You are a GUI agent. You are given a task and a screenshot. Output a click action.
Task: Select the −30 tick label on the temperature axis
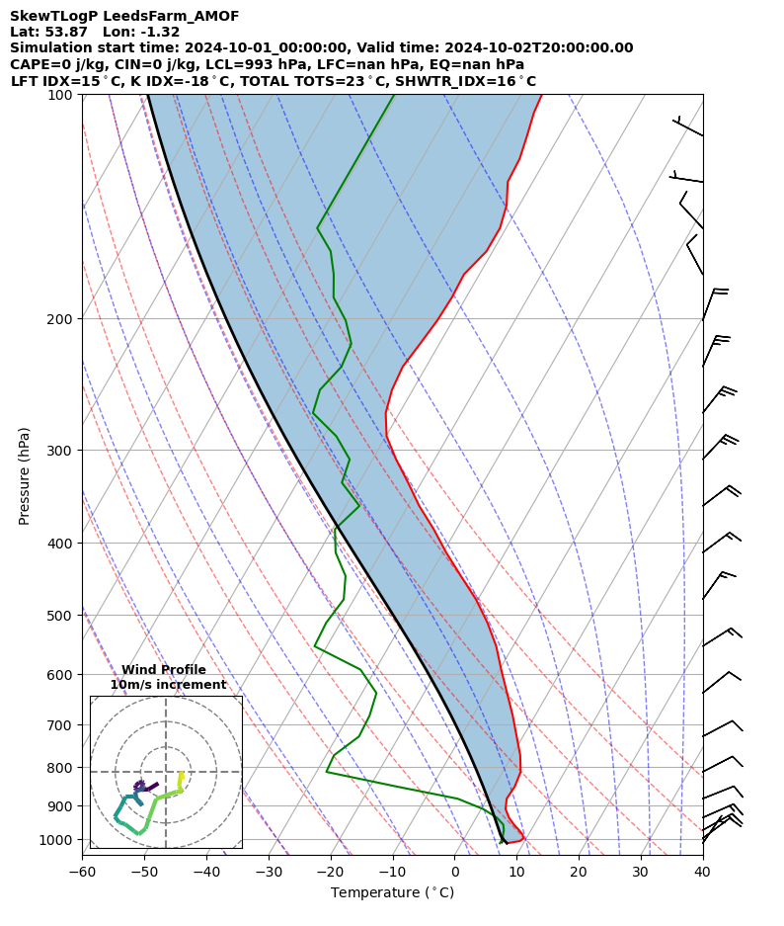pyautogui.click(x=269, y=873)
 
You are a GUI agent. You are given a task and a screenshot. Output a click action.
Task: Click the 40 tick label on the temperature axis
pyautogui.click(x=702, y=873)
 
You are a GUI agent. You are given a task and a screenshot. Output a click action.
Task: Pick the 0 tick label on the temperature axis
pyautogui.click(x=454, y=873)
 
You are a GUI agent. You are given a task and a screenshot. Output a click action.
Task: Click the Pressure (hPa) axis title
pyautogui.click(x=25, y=475)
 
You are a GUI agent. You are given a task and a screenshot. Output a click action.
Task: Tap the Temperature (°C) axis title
pyautogui.click(x=392, y=893)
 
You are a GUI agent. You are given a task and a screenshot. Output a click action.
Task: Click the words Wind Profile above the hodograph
pyautogui.click(x=164, y=670)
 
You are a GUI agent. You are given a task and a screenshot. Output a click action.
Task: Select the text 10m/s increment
pyautogui.click(x=168, y=685)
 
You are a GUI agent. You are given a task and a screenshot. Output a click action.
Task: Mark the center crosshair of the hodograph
pyautogui.click(x=166, y=772)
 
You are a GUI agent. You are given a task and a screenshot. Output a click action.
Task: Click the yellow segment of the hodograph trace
pyautogui.click(x=181, y=780)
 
